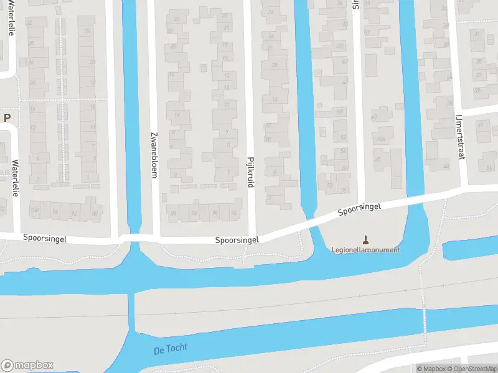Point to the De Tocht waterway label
[x=170, y=349]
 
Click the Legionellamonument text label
[x=365, y=250]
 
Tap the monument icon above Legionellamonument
[x=365, y=239]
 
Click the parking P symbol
[x=7, y=117]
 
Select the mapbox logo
[x=27, y=366]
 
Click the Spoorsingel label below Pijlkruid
[x=237, y=239]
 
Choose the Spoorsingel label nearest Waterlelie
[x=44, y=237]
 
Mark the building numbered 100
[x=35, y=211]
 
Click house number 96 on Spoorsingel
[x=55, y=212]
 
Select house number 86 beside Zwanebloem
[x=174, y=214]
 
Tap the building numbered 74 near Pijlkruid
[x=233, y=213]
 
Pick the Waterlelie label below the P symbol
[x=16, y=179]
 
